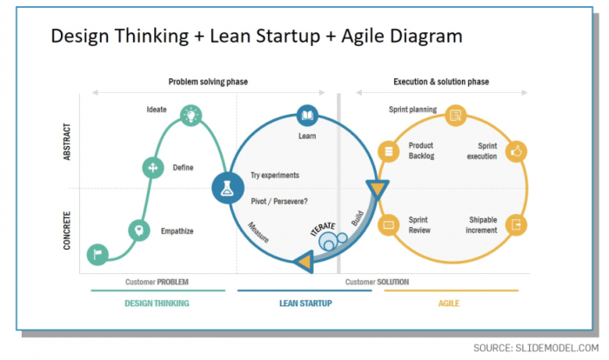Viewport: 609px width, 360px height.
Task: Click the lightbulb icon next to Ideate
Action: [x=191, y=115]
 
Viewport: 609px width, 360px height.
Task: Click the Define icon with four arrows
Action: [x=153, y=167]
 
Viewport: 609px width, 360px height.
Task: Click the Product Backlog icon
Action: [x=389, y=150]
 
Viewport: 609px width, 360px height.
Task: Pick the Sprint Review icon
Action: [x=389, y=224]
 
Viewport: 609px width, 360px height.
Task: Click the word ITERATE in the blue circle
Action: [x=323, y=232]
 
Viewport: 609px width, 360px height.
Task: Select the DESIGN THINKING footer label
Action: [x=157, y=303]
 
